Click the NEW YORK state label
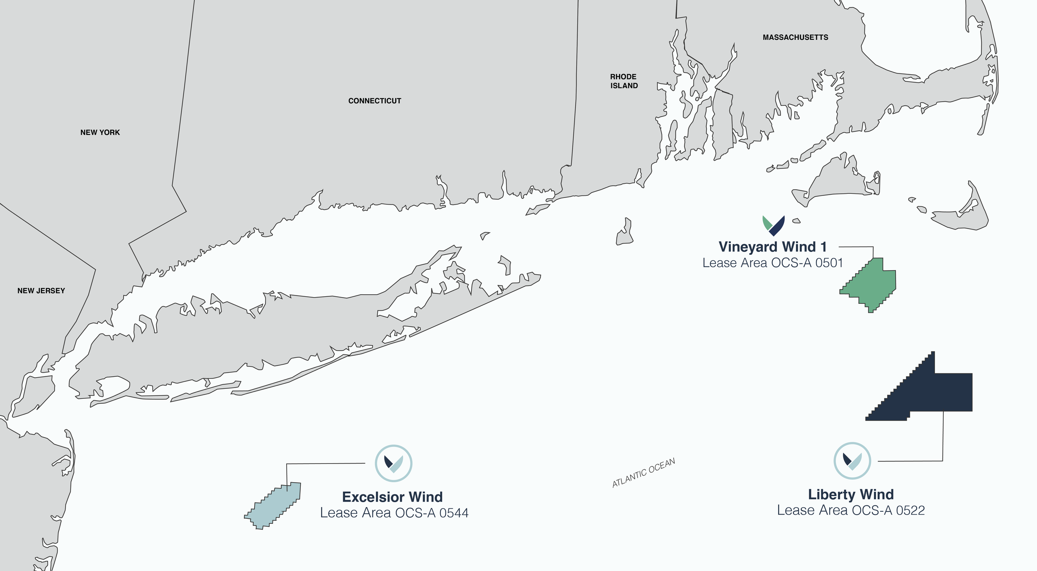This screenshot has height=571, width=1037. tap(100, 132)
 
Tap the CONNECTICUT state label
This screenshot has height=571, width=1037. tap(375, 101)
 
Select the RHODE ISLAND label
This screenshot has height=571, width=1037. tap(623, 81)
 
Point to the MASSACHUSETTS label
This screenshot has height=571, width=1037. tap(795, 37)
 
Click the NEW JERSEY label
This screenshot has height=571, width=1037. tap(41, 291)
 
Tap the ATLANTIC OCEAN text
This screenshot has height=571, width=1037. tap(643, 473)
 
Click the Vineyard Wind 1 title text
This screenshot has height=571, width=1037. tap(772, 247)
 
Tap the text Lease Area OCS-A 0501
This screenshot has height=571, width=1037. tap(772, 263)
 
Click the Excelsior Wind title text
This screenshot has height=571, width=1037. tap(392, 497)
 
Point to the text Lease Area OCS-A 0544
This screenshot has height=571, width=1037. tap(394, 513)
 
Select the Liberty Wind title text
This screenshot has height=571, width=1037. tap(851, 494)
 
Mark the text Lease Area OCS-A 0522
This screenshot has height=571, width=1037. tap(851, 510)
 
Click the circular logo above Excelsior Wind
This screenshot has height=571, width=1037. tap(393, 463)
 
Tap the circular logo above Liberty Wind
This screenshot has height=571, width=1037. tap(852, 461)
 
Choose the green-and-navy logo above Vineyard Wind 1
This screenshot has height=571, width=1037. tap(774, 226)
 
